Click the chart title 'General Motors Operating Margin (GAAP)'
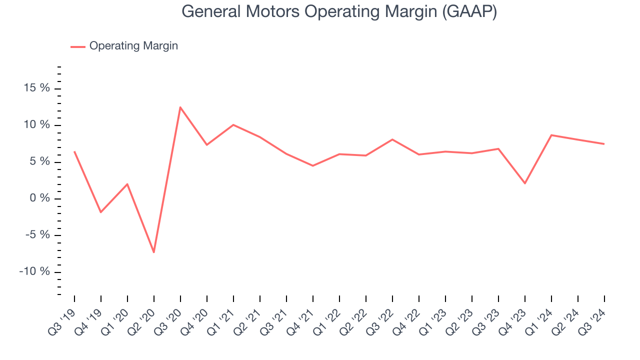[x=339, y=11]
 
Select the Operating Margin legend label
[x=133, y=46]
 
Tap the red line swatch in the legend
[x=78, y=46]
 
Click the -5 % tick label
[x=38, y=235]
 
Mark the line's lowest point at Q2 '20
[x=154, y=252]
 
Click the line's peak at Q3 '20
[x=180, y=107]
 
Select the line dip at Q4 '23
[x=524, y=183]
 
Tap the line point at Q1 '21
[x=233, y=124]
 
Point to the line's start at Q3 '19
[x=74, y=151]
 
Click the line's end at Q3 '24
[x=604, y=144]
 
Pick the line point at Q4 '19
[x=101, y=212]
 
